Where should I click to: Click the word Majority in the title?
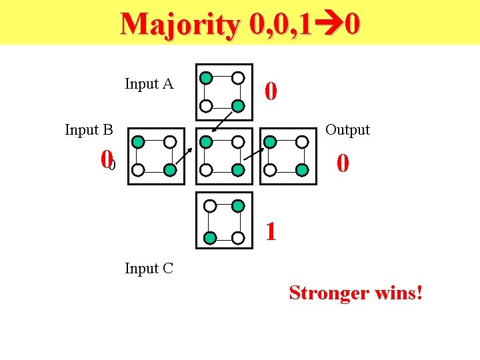pos(180,25)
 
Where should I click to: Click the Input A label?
pos(149,84)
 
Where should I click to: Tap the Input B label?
pos(89,129)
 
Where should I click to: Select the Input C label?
pos(149,269)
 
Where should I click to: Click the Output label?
pos(347,129)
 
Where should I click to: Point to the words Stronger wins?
pos(356,293)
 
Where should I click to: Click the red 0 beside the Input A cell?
pos(270,91)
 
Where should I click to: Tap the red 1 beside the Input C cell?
pos(270,231)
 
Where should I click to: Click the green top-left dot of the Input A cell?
pos(207,77)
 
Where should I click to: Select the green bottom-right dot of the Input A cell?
pos(238,105)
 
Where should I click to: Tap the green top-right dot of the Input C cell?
pos(238,207)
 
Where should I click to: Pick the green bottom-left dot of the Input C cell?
pos(209,237)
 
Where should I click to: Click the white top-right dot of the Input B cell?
pos(170,141)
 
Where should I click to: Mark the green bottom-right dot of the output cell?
pos(302,170)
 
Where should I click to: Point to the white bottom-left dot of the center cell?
pos(207,170)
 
